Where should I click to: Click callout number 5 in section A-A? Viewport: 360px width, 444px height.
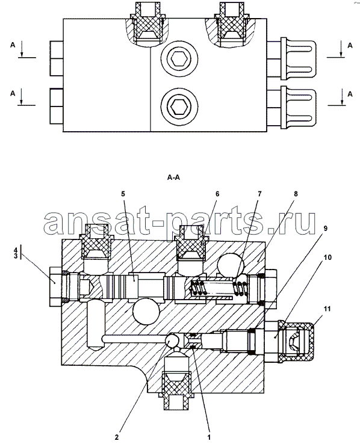[x=123, y=194]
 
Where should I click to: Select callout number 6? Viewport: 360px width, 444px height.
[x=217, y=194]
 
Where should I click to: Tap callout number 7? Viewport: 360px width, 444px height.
[x=259, y=194]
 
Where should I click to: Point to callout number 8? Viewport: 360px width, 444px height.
[x=296, y=194]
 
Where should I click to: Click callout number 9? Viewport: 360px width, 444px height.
[x=326, y=228]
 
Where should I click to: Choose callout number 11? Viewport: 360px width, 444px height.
[x=327, y=309]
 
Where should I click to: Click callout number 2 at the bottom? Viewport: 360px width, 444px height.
[x=117, y=437]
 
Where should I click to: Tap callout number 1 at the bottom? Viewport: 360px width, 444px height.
[x=209, y=437]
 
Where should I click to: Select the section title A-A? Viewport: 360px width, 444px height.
[x=173, y=177]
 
